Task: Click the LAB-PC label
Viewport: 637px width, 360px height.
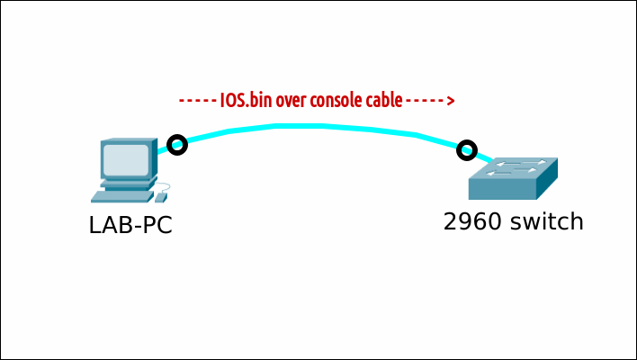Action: click(x=130, y=224)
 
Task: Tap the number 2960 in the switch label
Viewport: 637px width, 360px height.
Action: click(x=472, y=220)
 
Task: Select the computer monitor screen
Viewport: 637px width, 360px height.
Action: click(x=125, y=160)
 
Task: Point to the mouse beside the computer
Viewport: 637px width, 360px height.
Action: click(x=161, y=196)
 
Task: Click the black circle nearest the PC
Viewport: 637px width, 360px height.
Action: click(x=177, y=144)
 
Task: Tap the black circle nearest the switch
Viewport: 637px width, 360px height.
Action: click(x=466, y=149)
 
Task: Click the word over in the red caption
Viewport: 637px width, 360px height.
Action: click(x=292, y=99)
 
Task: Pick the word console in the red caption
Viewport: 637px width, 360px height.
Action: click(x=336, y=99)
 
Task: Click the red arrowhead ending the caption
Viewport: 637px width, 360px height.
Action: click(x=450, y=99)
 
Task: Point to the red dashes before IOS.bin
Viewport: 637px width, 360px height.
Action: click(x=197, y=99)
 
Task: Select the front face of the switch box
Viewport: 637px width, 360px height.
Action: click(x=502, y=189)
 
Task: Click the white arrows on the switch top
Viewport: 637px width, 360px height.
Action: click(x=513, y=166)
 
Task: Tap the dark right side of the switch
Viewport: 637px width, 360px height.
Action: click(x=547, y=180)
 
